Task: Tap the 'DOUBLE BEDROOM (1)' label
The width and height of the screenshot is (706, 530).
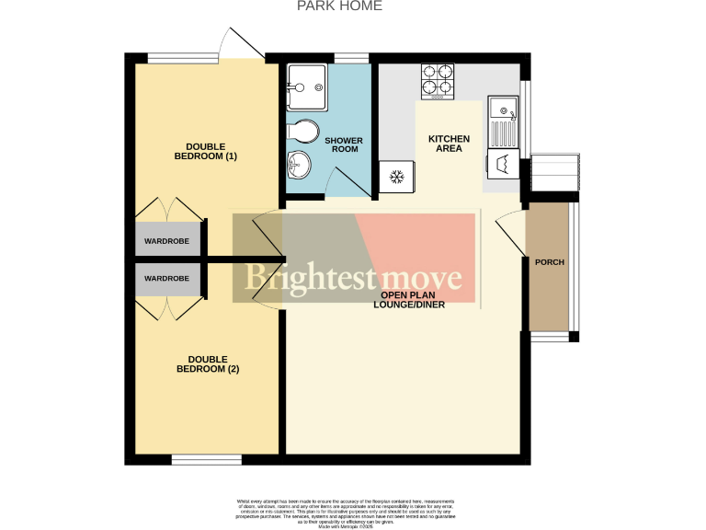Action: (205, 151)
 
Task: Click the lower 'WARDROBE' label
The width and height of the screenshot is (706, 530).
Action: (167, 278)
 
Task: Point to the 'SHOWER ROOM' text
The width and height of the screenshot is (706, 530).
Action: (344, 144)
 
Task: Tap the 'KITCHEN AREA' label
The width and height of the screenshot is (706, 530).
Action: (449, 144)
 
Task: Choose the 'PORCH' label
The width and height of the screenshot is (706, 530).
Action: (549, 262)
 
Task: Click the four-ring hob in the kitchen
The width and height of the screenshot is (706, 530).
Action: (438, 81)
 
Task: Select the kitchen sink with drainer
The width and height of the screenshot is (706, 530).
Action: (502, 121)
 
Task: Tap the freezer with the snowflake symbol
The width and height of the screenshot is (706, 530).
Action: (397, 176)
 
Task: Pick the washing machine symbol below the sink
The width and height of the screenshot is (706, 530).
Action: (502, 166)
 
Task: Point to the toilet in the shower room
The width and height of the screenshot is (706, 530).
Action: (302, 131)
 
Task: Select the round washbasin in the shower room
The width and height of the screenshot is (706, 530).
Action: (301, 166)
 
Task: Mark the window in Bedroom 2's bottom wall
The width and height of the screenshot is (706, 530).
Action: (207, 458)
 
